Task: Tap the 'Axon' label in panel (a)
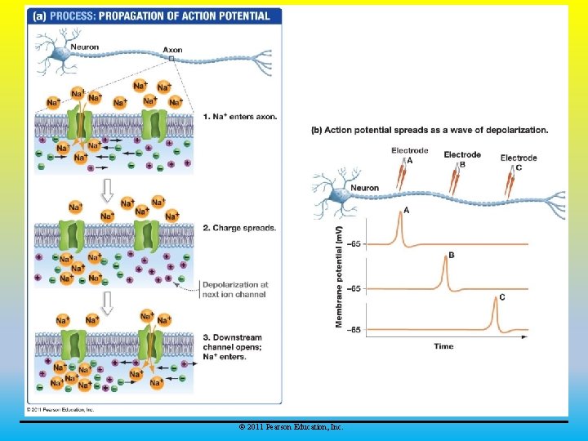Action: point(172,50)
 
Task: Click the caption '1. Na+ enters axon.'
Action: point(240,117)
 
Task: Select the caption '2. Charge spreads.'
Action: point(239,228)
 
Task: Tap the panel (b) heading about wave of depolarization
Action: point(430,130)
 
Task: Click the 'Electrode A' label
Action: point(409,155)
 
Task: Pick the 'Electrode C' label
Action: point(519,162)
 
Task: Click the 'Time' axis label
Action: point(443,346)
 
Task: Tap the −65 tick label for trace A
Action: point(354,244)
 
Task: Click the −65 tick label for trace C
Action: point(354,330)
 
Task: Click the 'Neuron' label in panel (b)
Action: point(364,188)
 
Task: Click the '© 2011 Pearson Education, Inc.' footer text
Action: point(291,427)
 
